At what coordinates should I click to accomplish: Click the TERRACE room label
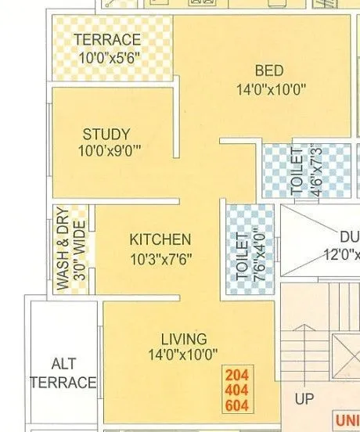click(x=107, y=40)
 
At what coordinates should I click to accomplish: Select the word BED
click(x=269, y=71)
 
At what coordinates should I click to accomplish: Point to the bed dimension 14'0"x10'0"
click(x=271, y=89)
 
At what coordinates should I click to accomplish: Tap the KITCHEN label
click(x=160, y=239)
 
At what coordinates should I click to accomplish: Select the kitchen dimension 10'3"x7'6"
click(x=160, y=257)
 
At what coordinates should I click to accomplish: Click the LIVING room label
click(x=184, y=339)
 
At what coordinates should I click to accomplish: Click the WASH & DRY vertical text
click(x=63, y=249)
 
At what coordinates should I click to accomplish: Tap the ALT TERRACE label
click(x=63, y=374)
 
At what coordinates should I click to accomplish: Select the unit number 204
click(x=236, y=375)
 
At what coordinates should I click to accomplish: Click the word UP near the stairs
click(x=305, y=399)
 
